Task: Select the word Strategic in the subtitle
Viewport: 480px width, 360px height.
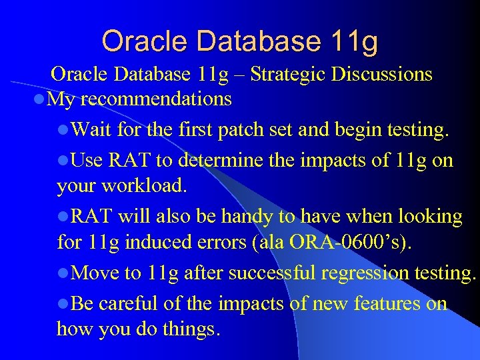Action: click(x=285, y=75)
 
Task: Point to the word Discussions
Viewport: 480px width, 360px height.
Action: click(x=381, y=75)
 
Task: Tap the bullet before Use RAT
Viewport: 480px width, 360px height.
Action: click(x=63, y=161)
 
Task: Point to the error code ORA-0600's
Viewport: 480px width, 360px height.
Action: click(x=349, y=243)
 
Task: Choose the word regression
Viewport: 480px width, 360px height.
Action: click(x=369, y=273)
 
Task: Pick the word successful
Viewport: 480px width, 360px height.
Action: click(x=262, y=273)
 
